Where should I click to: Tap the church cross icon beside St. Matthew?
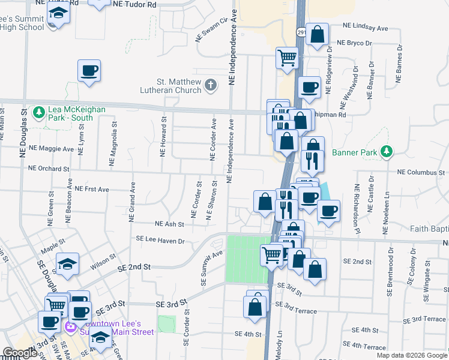tap(210, 86)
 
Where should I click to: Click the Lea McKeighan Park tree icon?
tap(39, 112)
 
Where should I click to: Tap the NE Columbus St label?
tap(420, 172)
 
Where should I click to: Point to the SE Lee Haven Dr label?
tap(160, 240)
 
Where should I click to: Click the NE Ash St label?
tap(169, 224)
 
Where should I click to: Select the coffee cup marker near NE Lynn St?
tap(89, 71)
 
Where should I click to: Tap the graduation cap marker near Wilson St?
tap(67, 263)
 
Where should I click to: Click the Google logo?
tap(20, 353)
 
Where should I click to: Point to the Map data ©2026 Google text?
tap(411, 355)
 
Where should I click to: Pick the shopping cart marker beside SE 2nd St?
tap(271, 254)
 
